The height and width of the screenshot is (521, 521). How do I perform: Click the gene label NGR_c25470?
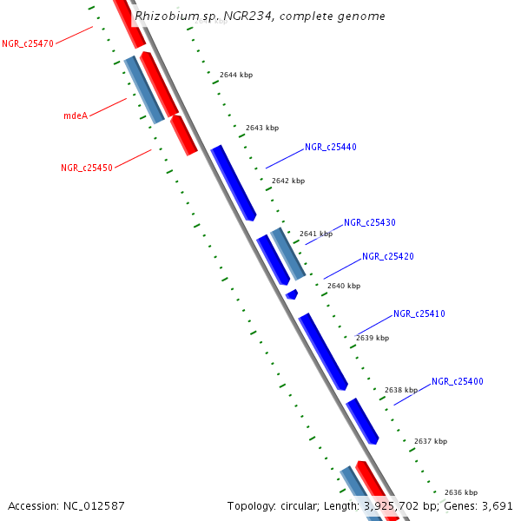tap(28, 43)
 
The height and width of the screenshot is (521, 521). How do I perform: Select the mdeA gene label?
tap(76, 115)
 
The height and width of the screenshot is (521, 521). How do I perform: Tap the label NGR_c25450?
tap(87, 168)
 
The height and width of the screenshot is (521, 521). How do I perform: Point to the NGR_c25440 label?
tap(331, 148)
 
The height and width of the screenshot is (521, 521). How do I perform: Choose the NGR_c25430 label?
tap(370, 223)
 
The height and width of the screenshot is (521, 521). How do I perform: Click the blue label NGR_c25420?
tap(388, 257)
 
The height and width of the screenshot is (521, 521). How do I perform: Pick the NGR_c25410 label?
tap(419, 314)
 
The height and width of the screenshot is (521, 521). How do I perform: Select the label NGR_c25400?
tap(458, 382)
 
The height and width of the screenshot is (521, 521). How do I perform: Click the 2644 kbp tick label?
tap(236, 76)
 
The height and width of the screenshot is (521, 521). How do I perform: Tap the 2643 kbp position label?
tap(262, 129)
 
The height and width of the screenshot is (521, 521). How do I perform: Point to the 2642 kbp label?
tap(288, 181)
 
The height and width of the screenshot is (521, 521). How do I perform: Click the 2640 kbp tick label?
tap(343, 286)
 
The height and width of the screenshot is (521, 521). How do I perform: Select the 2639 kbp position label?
tap(373, 338)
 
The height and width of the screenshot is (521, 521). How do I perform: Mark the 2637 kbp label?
tap(431, 442)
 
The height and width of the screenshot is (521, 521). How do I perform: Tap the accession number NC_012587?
tap(94, 505)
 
